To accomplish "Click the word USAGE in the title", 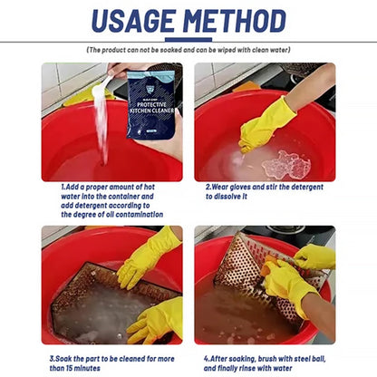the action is pyautogui.click(x=133, y=21).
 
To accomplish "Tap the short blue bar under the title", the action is pyautogui.click(x=188, y=40).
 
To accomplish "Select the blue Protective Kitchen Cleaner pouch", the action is pyautogui.click(x=150, y=104).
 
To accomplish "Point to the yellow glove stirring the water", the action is pyautogui.click(x=266, y=126).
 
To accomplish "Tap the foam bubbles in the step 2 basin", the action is pyautogui.click(x=286, y=165).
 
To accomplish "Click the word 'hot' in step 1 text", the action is pyautogui.click(x=149, y=187).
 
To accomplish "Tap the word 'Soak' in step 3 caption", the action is pyautogui.click(x=63, y=359).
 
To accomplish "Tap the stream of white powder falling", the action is pyautogui.click(x=101, y=127).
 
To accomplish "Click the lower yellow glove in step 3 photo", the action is pyautogui.click(x=157, y=321).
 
